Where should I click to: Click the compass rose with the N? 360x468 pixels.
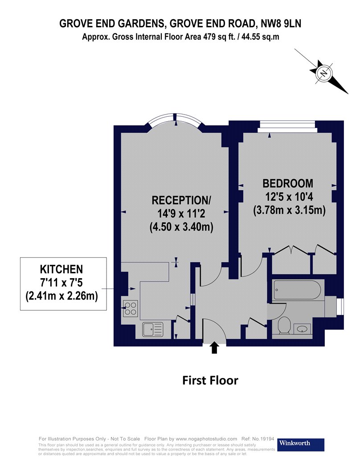point(324,72)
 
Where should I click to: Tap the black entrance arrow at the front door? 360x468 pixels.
point(214,347)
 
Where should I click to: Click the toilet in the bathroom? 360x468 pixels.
point(283,325)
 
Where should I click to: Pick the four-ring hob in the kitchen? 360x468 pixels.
point(130,308)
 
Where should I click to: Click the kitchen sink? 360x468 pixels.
point(152,330)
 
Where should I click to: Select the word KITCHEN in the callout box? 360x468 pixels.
point(61,269)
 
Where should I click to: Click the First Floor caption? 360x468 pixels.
point(210,380)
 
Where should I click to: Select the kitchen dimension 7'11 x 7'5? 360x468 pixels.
point(61,282)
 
